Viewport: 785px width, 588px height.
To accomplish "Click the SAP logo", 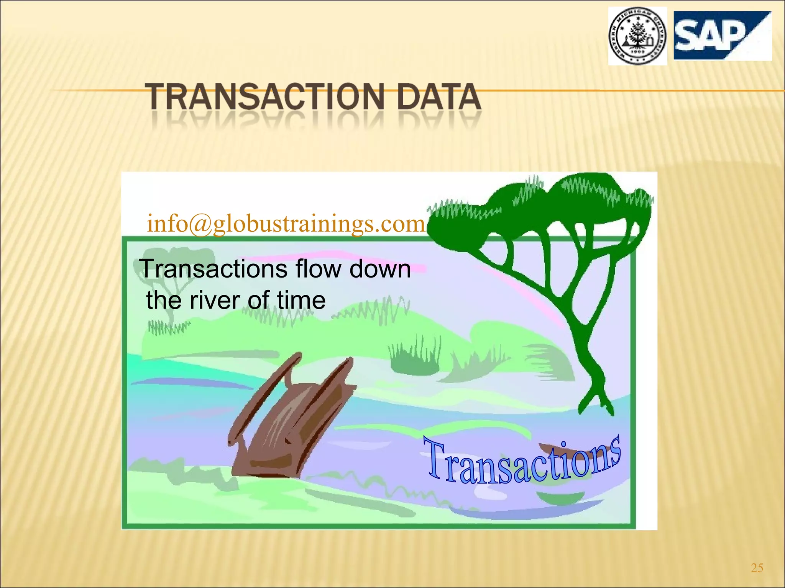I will [722, 36].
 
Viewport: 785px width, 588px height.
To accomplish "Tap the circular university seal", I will [637, 36].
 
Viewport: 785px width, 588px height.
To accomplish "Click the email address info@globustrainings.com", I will [286, 224].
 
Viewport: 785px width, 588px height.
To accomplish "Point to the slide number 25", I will [757, 568].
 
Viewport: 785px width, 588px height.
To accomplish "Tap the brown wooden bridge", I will [291, 417].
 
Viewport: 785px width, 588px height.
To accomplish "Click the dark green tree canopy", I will [544, 207].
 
